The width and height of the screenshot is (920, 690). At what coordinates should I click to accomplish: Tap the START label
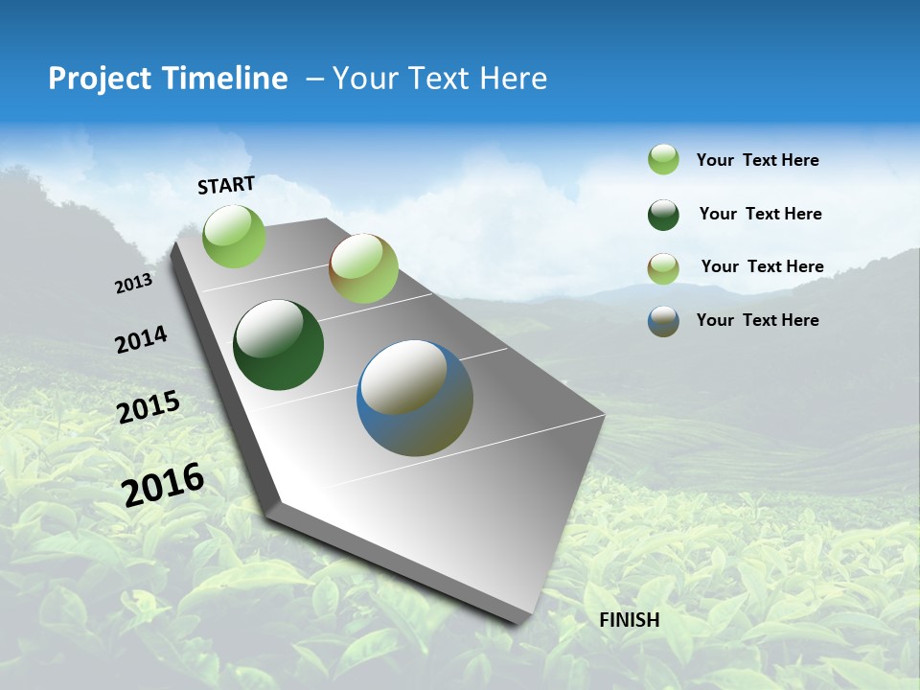click(226, 185)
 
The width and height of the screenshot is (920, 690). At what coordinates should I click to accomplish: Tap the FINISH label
click(629, 620)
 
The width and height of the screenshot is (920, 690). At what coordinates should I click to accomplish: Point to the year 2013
click(133, 284)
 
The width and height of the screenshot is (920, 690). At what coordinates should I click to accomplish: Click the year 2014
click(141, 340)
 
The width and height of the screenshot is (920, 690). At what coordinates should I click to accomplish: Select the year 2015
click(149, 407)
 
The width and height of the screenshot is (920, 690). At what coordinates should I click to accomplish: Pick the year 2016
click(163, 484)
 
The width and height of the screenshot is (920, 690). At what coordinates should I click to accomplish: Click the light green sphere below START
click(234, 236)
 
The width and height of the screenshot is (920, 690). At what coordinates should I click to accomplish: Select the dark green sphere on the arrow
click(278, 345)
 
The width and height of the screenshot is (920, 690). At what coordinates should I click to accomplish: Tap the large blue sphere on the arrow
click(415, 398)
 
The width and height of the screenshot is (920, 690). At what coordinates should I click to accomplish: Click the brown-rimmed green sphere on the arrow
click(363, 268)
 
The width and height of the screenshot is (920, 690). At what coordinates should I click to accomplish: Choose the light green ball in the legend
click(663, 159)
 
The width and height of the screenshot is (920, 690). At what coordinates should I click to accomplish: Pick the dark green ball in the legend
click(663, 214)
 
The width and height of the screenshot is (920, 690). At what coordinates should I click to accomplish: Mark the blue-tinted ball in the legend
click(663, 320)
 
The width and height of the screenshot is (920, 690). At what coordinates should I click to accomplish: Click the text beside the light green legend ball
click(757, 160)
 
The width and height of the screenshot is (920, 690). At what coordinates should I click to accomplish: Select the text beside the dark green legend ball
click(760, 214)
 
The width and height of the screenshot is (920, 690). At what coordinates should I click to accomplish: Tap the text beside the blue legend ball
click(757, 320)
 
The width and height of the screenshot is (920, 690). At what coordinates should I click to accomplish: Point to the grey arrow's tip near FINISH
click(522, 618)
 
